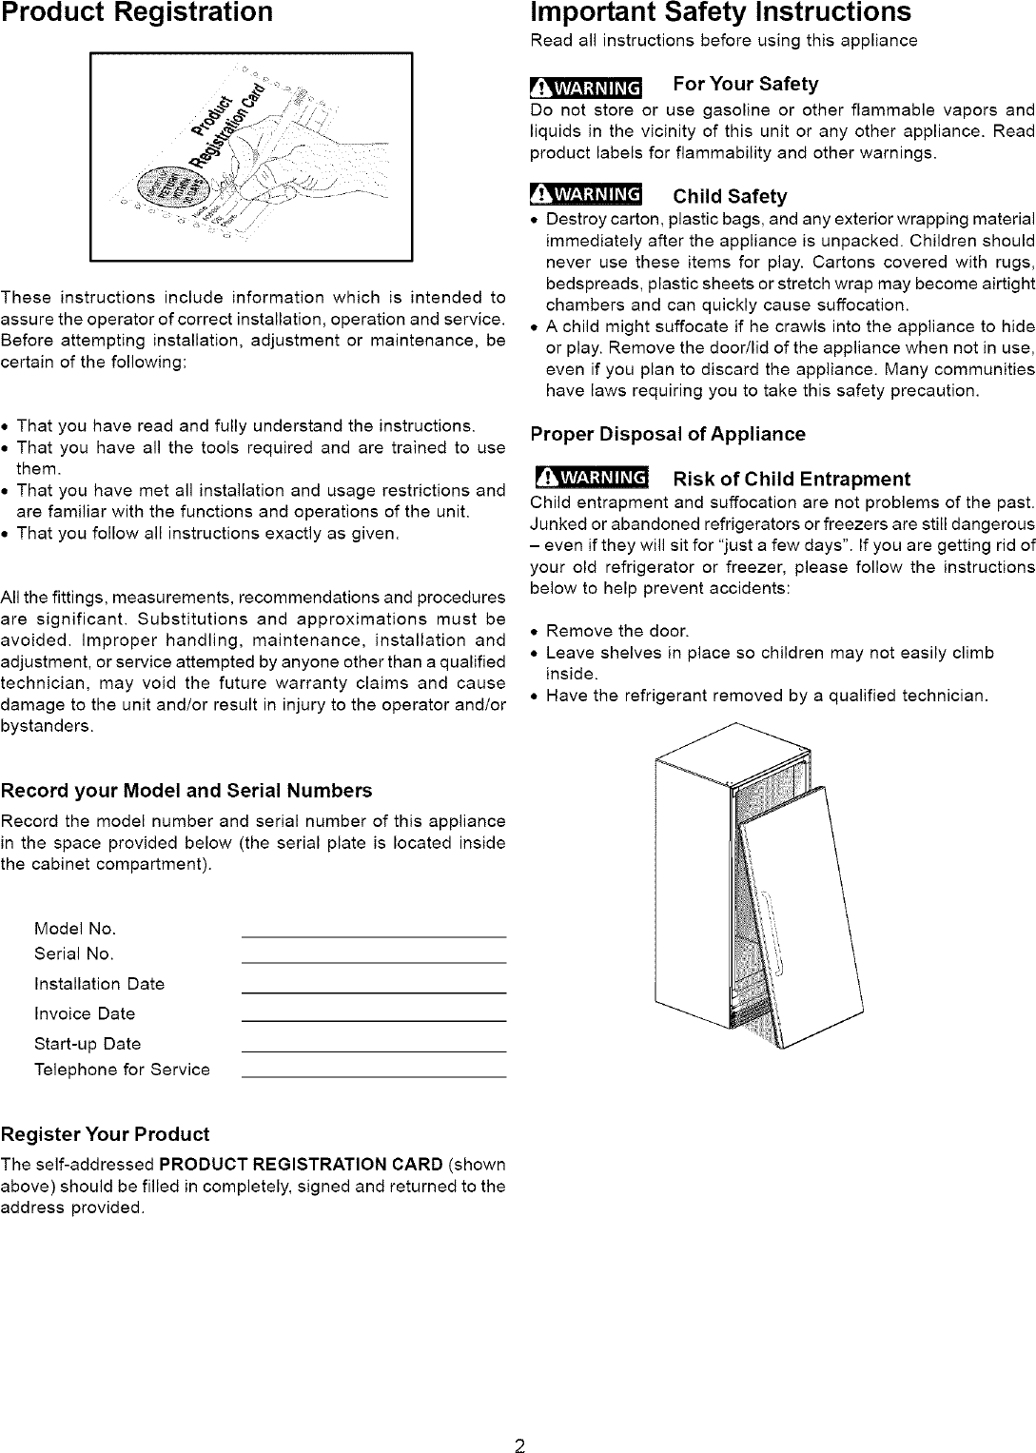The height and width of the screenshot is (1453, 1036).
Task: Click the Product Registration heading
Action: point(137,12)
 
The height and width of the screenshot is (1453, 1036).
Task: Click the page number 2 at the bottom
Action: point(519,1422)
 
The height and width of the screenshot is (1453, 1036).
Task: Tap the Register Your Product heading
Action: point(105,1134)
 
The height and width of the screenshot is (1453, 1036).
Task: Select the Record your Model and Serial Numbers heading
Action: point(186,791)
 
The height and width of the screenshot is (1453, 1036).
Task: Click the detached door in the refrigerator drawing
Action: point(799,913)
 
